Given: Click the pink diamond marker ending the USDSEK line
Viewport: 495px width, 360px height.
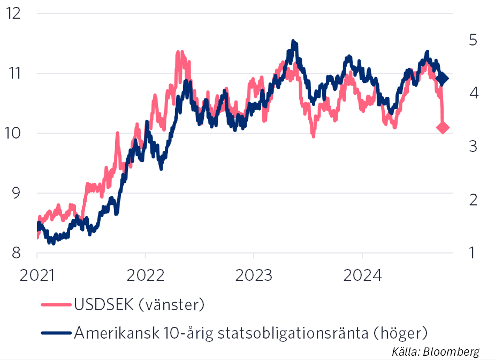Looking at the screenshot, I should point(443,127).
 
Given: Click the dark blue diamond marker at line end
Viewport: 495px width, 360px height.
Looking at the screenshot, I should point(443,79).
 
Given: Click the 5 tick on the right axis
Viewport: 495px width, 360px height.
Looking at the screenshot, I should point(473,41).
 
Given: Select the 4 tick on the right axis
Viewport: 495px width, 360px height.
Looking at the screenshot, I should point(473,94).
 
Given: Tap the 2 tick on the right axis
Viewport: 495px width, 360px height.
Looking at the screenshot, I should point(473,200).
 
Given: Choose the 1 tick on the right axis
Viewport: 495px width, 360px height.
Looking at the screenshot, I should point(473,252).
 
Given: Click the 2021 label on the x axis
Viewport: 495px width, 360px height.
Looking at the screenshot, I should point(37,276).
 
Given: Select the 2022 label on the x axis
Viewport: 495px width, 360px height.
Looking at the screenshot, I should point(146,276).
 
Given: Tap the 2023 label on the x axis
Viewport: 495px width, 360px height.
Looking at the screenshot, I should point(254,276).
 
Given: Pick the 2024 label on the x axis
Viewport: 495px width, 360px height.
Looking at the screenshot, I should point(362,276).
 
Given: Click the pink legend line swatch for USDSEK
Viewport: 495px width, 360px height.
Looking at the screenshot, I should point(55,305).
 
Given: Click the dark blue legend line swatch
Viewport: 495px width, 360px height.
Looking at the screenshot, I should point(55,333).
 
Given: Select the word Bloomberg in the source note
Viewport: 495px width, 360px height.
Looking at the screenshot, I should point(452,351).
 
